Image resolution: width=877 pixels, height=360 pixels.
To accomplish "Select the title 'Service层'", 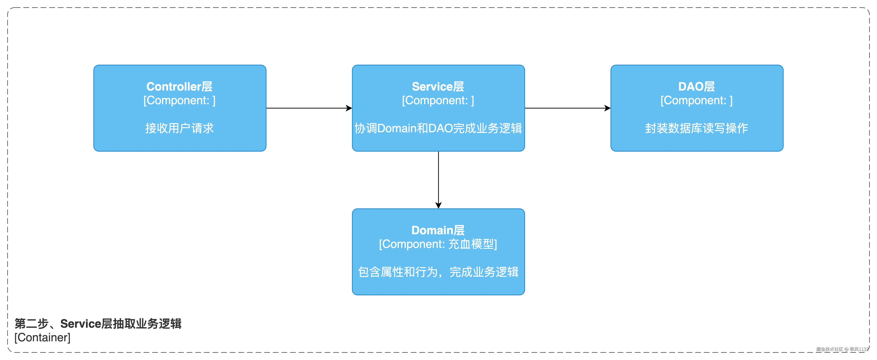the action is pos(438,87).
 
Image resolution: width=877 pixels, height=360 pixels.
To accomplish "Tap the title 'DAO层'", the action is pos(696,87).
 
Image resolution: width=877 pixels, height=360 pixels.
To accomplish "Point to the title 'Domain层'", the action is pos(438,230).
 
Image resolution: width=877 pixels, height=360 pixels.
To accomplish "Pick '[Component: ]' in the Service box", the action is pos(438,100).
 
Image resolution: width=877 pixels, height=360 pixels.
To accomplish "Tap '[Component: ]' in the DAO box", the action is pos(696,100).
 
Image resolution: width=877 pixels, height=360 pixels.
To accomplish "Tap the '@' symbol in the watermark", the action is pos(846,349).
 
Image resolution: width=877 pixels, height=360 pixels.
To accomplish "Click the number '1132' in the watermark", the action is pos(863,349).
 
